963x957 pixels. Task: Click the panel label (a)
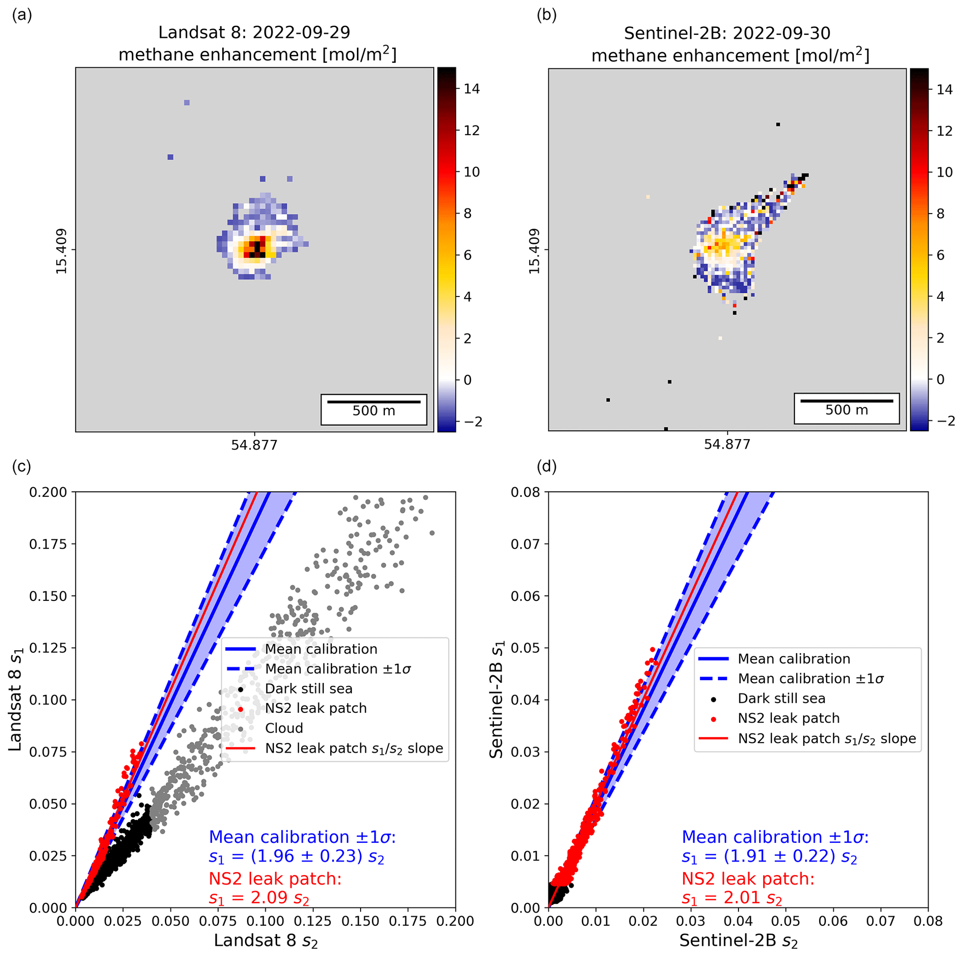(x=22, y=15)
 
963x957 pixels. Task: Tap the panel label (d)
(x=546, y=466)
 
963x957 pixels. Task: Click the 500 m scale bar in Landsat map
(x=373, y=401)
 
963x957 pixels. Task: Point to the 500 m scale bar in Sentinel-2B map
(x=847, y=400)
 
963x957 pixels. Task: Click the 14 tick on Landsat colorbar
(x=471, y=89)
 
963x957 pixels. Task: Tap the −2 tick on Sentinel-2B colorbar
(x=944, y=421)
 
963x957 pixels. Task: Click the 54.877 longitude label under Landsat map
(x=254, y=445)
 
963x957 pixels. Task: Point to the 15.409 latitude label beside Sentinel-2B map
(x=534, y=251)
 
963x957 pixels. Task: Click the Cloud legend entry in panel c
(x=284, y=728)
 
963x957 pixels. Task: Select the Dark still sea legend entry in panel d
(x=781, y=698)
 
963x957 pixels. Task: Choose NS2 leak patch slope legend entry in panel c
(x=354, y=748)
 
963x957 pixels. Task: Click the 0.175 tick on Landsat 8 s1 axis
(x=48, y=544)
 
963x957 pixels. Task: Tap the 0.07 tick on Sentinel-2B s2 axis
(x=880, y=921)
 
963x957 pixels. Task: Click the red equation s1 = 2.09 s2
(x=259, y=898)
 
